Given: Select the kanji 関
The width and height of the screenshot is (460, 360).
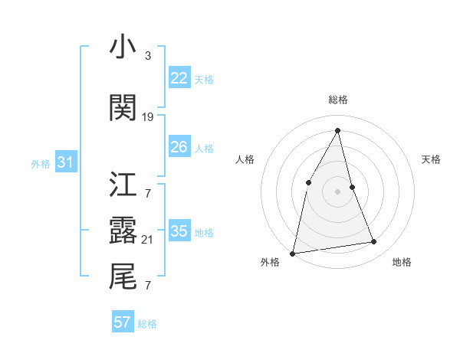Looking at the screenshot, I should click(x=122, y=108).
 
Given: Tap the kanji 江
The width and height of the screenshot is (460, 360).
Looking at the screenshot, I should click(x=122, y=185).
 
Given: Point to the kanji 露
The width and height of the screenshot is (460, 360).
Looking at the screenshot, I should click(x=122, y=230).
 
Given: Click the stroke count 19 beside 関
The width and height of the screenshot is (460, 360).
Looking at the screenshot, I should click(x=148, y=117).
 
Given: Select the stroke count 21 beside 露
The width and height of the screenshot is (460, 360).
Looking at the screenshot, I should click(x=148, y=240).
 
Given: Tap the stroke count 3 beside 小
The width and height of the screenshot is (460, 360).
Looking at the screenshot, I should click(x=147, y=56).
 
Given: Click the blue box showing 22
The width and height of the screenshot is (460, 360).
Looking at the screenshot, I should click(x=179, y=78).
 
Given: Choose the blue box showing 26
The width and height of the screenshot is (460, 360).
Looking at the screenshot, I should click(x=179, y=147).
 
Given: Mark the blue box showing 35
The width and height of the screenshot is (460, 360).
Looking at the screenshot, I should click(x=179, y=231).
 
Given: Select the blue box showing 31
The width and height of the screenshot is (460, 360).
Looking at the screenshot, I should click(x=65, y=162).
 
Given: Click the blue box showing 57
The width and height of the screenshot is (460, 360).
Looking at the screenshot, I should click(x=122, y=322).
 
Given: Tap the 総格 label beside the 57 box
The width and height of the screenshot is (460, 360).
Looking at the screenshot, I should click(x=147, y=324).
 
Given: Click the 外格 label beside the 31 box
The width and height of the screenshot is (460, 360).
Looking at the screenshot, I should click(x=41, y=163).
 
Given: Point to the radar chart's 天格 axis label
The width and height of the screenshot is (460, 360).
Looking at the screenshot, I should click(x=432, y=159).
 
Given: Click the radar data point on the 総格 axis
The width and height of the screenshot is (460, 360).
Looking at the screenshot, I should click(x=337, y=131).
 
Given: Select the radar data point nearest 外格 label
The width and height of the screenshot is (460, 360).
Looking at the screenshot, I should click(x=293, y=253).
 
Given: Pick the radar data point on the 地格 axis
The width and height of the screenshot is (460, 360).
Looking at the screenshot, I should click(x=374, y=242).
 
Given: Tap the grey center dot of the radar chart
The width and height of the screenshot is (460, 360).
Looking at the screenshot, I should click(x=337, y=191).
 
